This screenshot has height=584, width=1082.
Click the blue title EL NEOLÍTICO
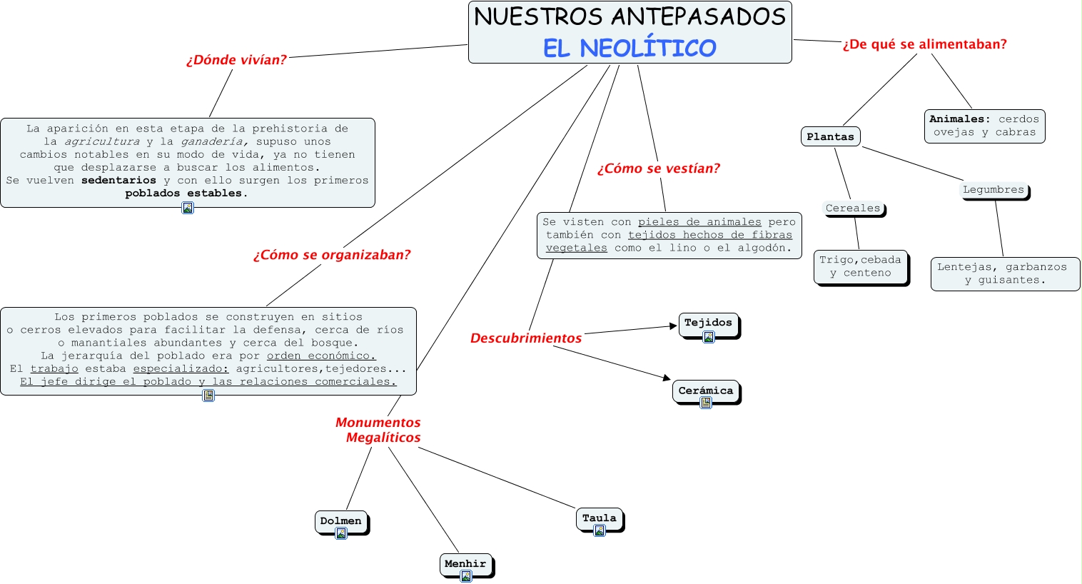(x=629, y=48)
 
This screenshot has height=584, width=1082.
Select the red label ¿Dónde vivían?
(x=236, y=60)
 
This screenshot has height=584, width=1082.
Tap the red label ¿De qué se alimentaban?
(x=924, y=44)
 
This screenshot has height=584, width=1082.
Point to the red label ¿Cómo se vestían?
(x=659, y=168)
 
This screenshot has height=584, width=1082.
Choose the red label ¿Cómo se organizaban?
(x=332, y=255)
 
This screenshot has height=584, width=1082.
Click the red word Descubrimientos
(x=526, y=338)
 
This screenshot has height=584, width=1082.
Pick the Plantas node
(x=830, y=136)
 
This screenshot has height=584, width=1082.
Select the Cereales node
(x=853, y=208)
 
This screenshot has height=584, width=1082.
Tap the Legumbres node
(x=993, y=190)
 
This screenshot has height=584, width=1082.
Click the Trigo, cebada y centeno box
(x=860, y=266)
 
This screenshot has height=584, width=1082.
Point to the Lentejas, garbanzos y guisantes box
(x=1004, y=273)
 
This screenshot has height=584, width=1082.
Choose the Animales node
(x=984, y=126)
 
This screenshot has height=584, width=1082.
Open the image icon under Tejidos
(x=709, y=337)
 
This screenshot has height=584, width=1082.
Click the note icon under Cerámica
(x=706, y=403)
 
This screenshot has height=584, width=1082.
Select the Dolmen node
(x=340, y=521)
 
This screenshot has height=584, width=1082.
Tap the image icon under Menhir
(x=466, y=576)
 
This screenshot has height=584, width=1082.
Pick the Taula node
(x=599, y=518)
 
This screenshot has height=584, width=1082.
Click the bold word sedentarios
(x=118, y=181)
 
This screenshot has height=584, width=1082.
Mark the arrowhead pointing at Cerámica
(x=667, y=377)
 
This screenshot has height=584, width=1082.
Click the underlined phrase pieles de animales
(x=699, y=222)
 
